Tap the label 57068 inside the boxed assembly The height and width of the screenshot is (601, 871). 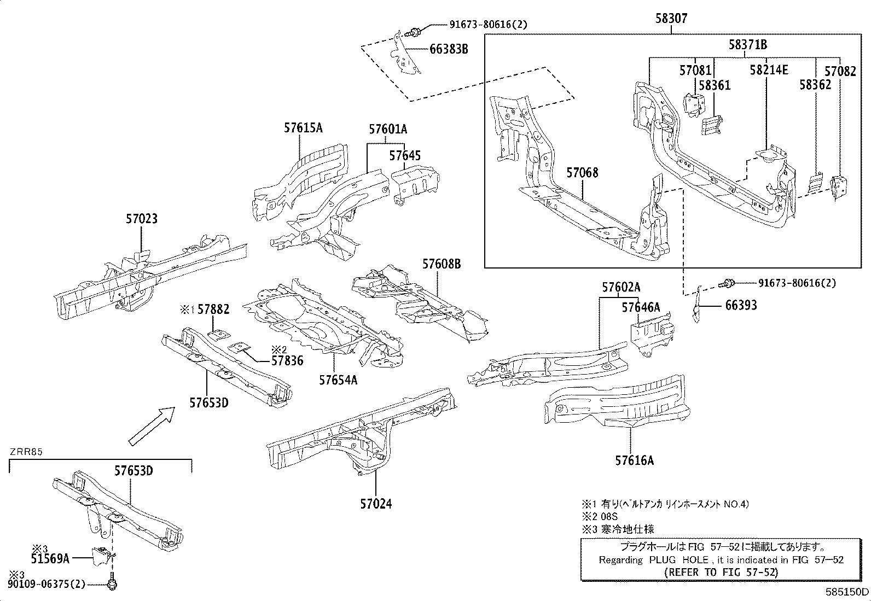(x=582, y=173)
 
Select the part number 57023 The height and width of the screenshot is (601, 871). (x=141, y=219)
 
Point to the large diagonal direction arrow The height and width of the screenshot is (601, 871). (x=151, y=426)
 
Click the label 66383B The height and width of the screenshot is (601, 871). (x=449, y=49)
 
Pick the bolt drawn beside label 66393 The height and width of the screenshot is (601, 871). (x=727, y=283)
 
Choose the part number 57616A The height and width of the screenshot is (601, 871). (x=634, y=460)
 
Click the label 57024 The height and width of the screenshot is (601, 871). (x=376, y=504)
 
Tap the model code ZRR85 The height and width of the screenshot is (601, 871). (x=26, y=452)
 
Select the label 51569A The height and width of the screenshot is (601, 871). (x=50, y=558)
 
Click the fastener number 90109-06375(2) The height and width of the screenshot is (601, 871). (x=47, y=585)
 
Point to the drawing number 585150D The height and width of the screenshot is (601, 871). (x=847, y=592)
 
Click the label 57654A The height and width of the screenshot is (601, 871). (x=338, y=379)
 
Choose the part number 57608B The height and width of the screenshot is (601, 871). (x=441, y=264)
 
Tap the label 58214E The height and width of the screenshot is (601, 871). (x=769, y=70)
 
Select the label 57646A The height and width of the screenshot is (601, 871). (x=640, y=307)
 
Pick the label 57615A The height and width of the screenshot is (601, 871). (x=303, y=128)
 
